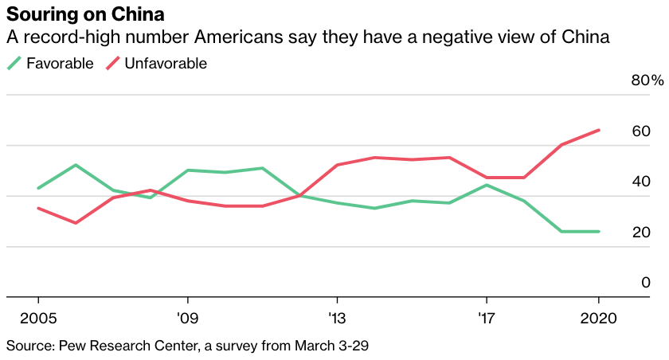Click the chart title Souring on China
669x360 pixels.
(x=86, y=15)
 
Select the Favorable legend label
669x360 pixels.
(x=59, y=63)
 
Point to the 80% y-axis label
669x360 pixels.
(x=647, y=80)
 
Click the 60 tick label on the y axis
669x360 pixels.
(x=641, y=131)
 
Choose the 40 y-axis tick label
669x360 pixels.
(x=641, y=182)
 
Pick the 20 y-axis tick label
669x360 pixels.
(x=641, y=233)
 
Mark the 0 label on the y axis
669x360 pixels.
(x=646, y=283)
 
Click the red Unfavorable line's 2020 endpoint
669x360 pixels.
(x=599, y=130)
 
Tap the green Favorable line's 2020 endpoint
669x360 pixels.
(x=599, y=232)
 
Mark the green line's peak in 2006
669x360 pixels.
(x=76, y=165)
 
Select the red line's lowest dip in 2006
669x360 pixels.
(x=76, y=223)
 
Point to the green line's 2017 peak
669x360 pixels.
(x=487, y=185)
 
